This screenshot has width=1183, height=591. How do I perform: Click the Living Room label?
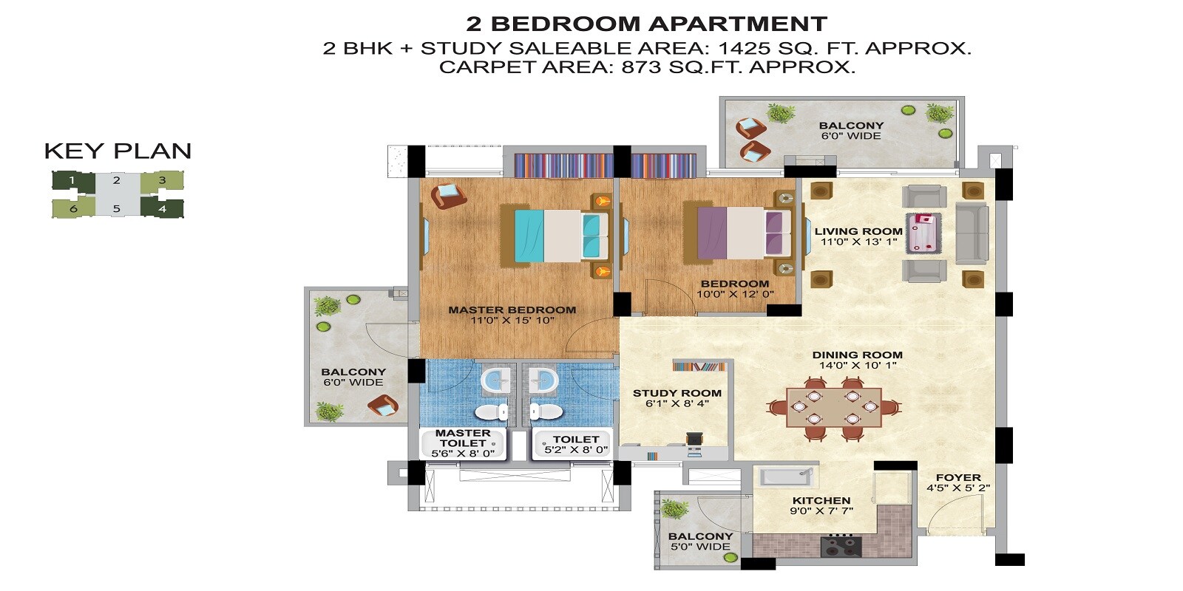pyautogui.click(x=858, y=231)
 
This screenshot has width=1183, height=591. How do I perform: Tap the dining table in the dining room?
pyautogui.click(x=833, y=408)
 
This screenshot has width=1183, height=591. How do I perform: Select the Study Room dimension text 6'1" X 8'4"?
pyautogui.click(x=677, y=404)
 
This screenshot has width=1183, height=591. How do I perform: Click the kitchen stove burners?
pyautogui.click(x=841, y=547)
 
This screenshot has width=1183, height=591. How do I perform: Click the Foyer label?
pyautogui.click(x=957, y=478)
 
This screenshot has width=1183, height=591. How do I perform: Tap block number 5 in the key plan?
pyautogui.click(x=116, y=209)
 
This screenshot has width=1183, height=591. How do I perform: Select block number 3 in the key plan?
pyautogui.click(x=162, y=180)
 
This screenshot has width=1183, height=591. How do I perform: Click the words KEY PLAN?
pyautogui.click(x=118, y=151)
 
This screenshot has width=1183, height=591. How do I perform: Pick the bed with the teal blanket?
pyautogui.click(x=555, y=234)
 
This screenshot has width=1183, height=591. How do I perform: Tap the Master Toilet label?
pyautogui.click(x=463, y=438)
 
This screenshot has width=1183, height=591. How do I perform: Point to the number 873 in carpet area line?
pyautogui.click(x=641, y=67)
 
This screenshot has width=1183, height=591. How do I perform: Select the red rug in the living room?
pyautogui.click(x=924, y=232)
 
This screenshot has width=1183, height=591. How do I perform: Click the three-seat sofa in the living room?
pyautogui.click(x=972, y=232)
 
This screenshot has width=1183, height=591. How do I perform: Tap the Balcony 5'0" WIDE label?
pyautogui.click(x=700, y=542)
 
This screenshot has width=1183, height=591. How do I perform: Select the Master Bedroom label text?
pyautogui.click(x=512, y=310)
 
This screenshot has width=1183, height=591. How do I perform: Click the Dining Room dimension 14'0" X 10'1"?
pyautogui.click(x=857, y=365)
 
